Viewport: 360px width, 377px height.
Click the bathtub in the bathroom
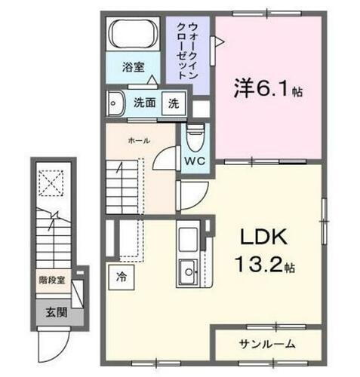pyautogui.click(x=133, y=35)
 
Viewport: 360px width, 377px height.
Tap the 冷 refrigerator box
pyautogui.click(x=121, y=276)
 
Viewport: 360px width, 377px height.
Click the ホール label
pyautogui.click(x=138, y=140)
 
